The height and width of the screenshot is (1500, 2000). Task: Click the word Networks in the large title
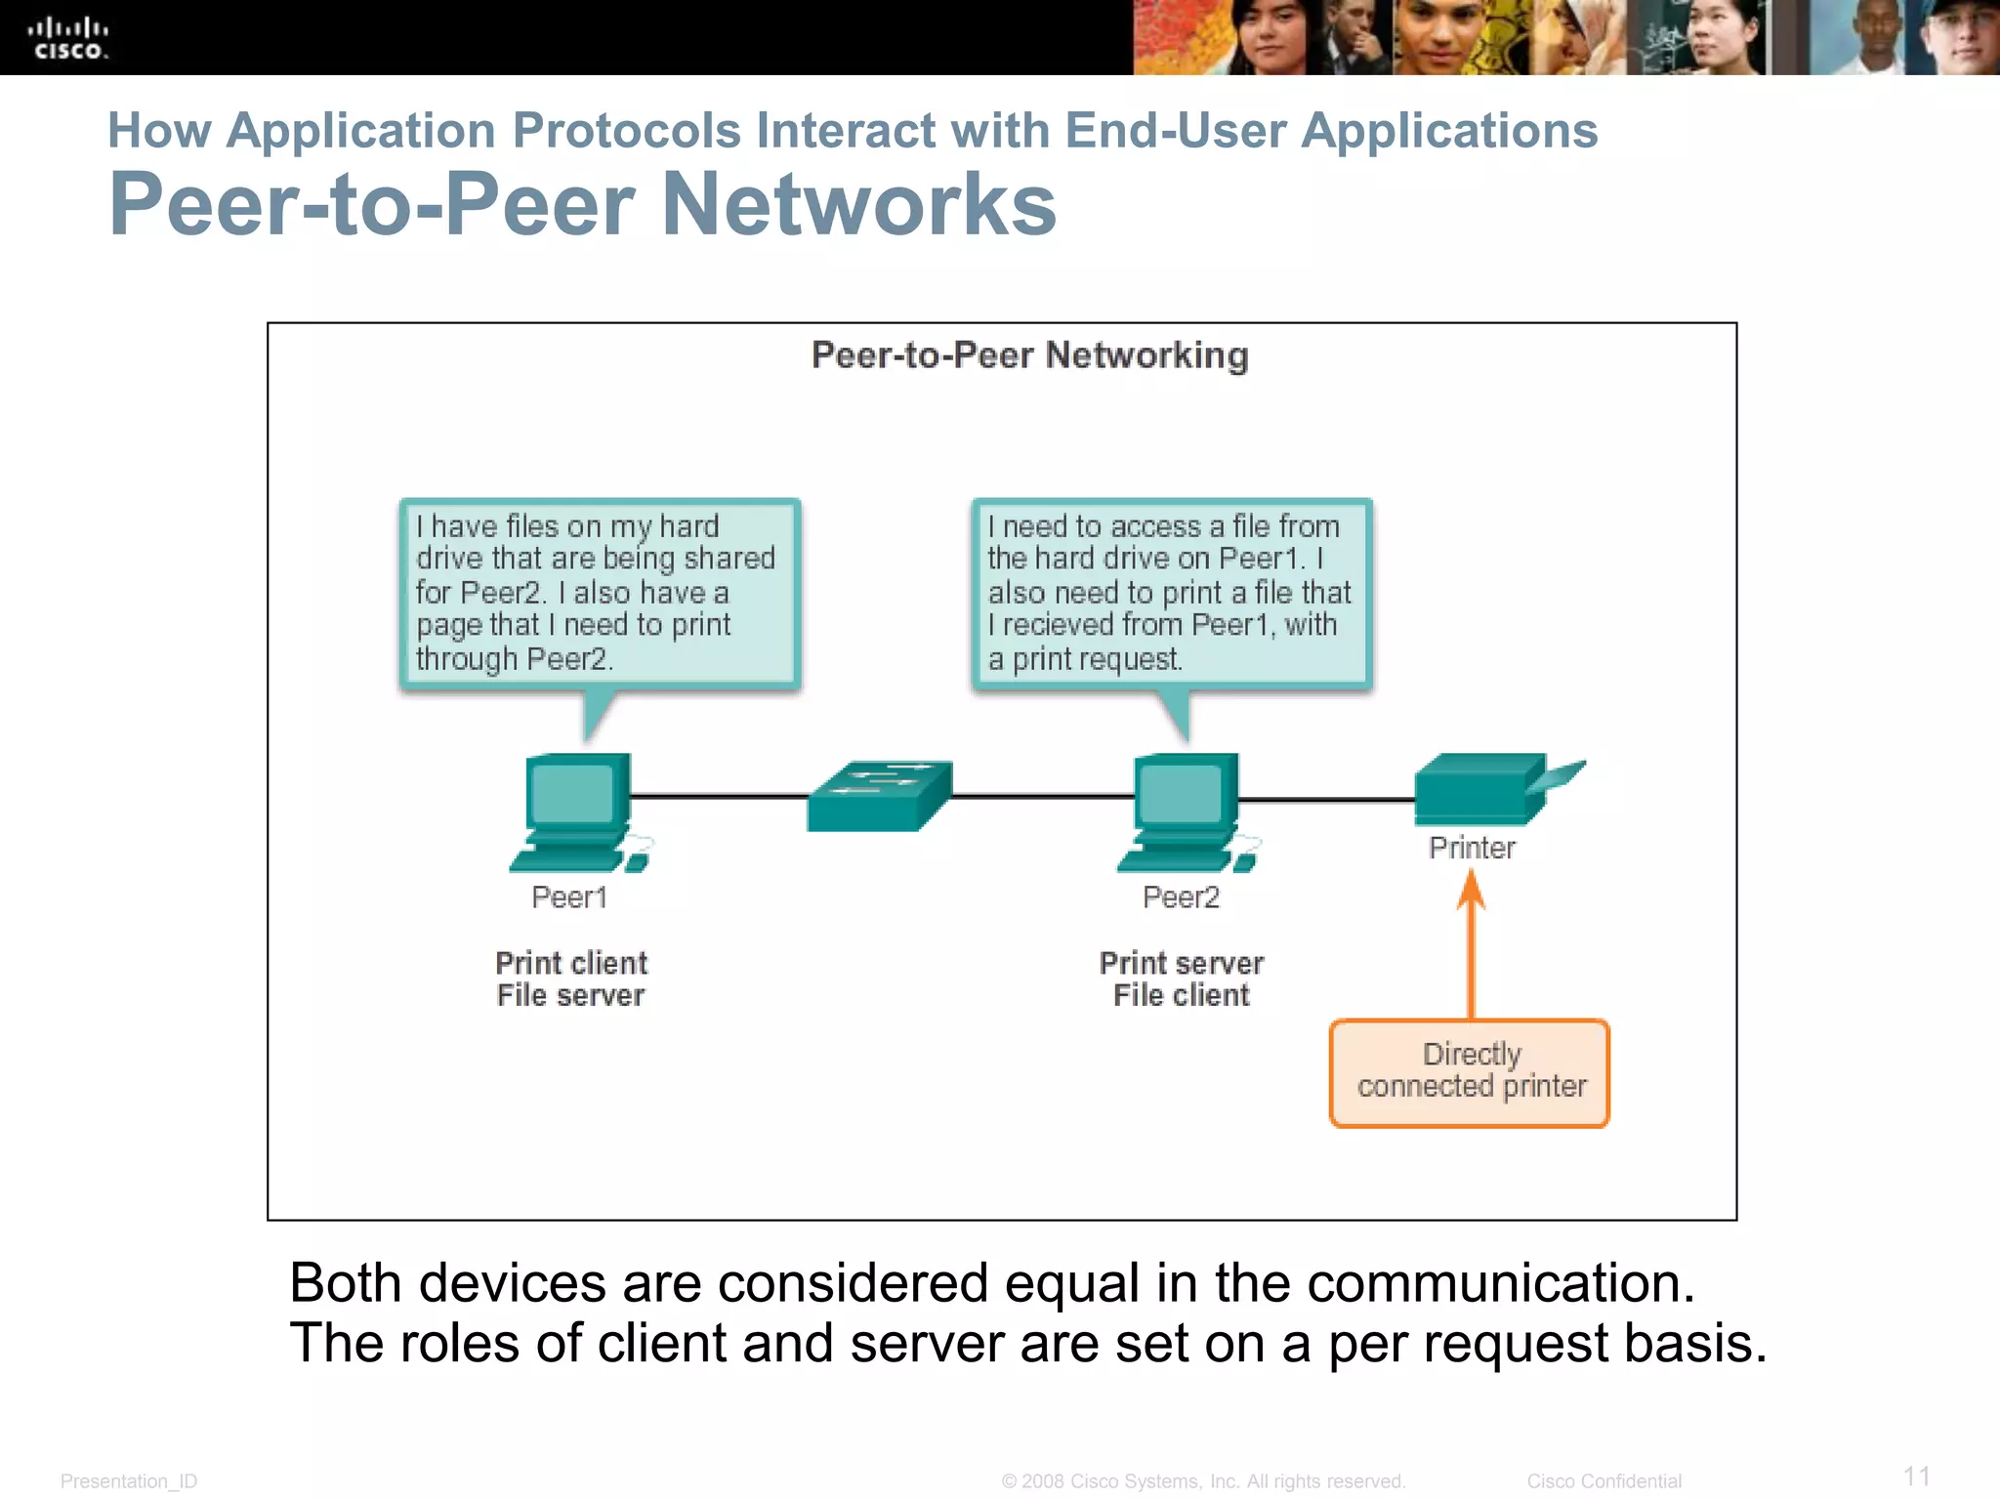[x=858, y=205]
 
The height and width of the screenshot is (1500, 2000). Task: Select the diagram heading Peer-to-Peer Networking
[x=1029, y=355]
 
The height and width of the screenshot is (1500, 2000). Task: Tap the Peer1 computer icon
[x=576, y=811]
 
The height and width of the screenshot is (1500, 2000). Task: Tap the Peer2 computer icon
[x=1185, y=811]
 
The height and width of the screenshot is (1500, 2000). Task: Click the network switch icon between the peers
[x=878, y=796]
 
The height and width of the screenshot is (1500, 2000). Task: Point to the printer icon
[x=1484, y=789]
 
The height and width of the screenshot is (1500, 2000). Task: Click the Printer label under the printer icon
[x=1472, y=848]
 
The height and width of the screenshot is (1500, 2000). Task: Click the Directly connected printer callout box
[x=1470, y=1072]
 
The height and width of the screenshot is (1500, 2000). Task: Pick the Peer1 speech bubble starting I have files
[x=600, y=593]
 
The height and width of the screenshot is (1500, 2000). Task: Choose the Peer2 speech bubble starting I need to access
[x=1171, y=593]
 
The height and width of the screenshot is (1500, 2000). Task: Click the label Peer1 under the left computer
[x=569, y=897]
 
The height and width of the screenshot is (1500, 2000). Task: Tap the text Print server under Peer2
[x=1181, y=963]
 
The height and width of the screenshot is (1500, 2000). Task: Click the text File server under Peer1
[x=570, y=996]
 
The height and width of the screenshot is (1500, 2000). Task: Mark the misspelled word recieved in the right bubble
[x=1059, y=625]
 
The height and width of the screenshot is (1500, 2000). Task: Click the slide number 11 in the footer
[x=1916, y=1476]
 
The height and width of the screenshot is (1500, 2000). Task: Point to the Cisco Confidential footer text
[x=1604, y=1481]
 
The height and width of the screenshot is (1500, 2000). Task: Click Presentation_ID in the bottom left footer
[x=129, y=1481]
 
